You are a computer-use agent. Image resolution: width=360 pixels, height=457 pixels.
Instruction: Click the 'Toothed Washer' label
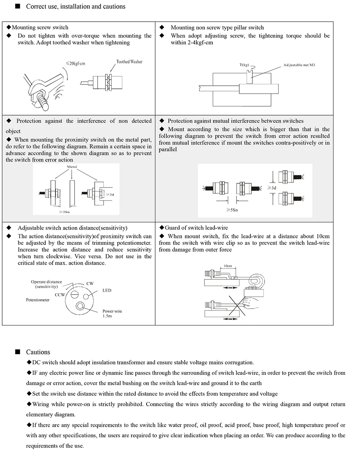point(129,62)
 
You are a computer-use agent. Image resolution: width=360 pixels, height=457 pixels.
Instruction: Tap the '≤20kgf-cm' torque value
point(76,63)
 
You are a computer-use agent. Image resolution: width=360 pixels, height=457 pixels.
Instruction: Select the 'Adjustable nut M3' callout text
point(299,65)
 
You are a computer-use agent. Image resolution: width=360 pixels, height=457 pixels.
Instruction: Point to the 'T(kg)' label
point(244,65)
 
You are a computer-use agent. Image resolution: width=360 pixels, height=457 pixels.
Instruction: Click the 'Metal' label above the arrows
point(72,167)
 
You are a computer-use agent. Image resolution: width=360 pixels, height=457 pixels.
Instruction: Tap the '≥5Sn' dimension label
point(232,210)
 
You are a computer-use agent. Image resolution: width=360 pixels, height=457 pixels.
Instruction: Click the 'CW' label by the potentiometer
point(90,283)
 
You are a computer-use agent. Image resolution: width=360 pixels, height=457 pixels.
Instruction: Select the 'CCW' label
point(60,295)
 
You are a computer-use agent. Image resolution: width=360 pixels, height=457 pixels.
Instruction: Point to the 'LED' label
point(107,290)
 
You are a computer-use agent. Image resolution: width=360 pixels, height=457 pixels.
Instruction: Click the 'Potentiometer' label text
point(38,300)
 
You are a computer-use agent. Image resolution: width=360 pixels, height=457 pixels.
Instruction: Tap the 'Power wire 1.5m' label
point(112,313)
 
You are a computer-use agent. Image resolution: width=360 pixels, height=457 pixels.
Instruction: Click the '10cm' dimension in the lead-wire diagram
point(228,266)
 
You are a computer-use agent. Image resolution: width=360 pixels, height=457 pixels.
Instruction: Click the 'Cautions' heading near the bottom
point(38,352)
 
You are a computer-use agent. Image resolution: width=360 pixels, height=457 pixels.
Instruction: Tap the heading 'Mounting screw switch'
point(40,27)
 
